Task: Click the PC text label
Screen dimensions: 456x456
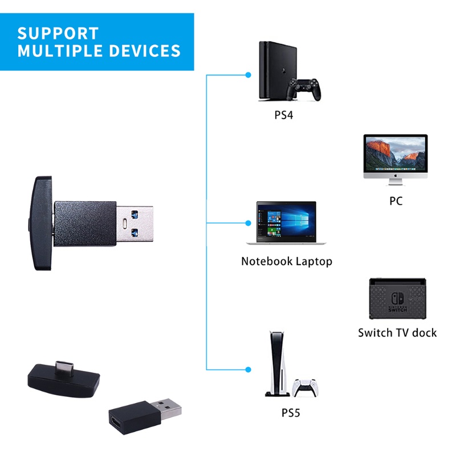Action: (x=396, y=201)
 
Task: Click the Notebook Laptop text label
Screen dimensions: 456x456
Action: (x=286, y=262)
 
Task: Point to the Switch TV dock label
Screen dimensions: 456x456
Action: (x=397, y=332)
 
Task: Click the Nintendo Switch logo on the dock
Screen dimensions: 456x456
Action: (x=397, y=300)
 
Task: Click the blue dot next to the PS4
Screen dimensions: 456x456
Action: (x=248, y=74)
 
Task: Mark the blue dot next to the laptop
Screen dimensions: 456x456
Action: (x=248, y=222)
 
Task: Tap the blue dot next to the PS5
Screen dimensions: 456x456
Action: (x=248, y=370)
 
